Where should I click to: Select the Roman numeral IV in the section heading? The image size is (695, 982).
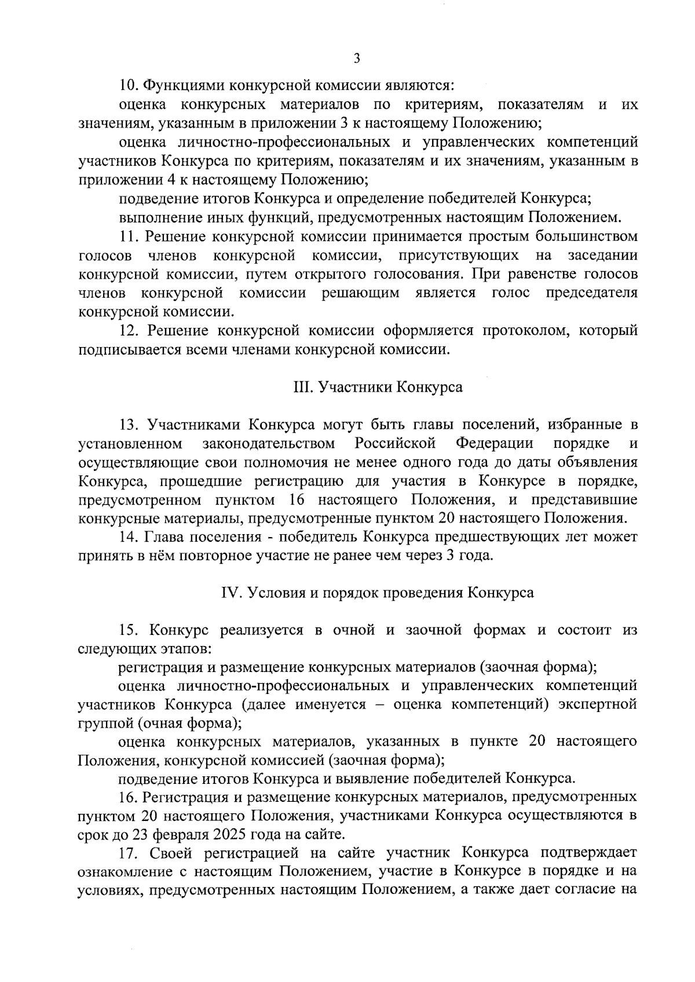pyautogui.click(x=231, y=593)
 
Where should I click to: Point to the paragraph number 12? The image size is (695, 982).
pyautogui.click(x=128, y=331)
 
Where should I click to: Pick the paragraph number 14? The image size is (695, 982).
pyautogui.click(x=128, y=537)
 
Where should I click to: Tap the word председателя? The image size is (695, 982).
pyautogui.click(x=592, y=293)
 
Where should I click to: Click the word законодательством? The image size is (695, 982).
pyautogui.click(x=269, y=444)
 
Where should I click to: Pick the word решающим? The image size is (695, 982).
pyautogui.click(x=360, y=293)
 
